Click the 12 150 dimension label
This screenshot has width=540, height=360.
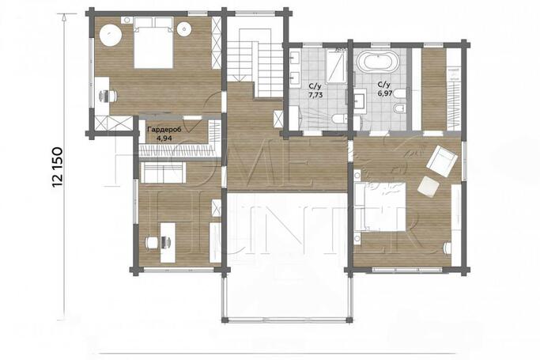pyautogui.click(x=58, y=167)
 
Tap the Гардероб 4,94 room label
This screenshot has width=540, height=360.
pyautogui.click(x=164, y=134)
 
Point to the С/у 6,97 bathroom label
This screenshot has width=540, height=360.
pyautogui.click(x=385, y=89)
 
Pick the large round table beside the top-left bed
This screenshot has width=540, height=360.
pyautogui.click(x=111, y=35)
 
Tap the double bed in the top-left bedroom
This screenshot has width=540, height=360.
pyautogui.click(x=153, y=43)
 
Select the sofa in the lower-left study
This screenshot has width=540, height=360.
pyautogui.click(x=163, y=172)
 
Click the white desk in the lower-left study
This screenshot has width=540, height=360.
pyautogui.click(x=168, y=243)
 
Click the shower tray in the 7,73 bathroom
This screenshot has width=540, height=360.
pyautogui.click(x=336, y=66)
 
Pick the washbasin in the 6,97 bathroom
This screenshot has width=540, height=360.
pyautogui.click(x=361, y=100)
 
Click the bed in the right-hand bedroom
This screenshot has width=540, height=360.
pyautogui.click(x=380, y=207)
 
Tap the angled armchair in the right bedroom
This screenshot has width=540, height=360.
pyautogui.click(x=442, y=159)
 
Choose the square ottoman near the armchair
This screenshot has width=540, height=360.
pyautogui.click(x=428, y=187)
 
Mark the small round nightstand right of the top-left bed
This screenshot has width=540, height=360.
pyautogui.click(x=184, y=28)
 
